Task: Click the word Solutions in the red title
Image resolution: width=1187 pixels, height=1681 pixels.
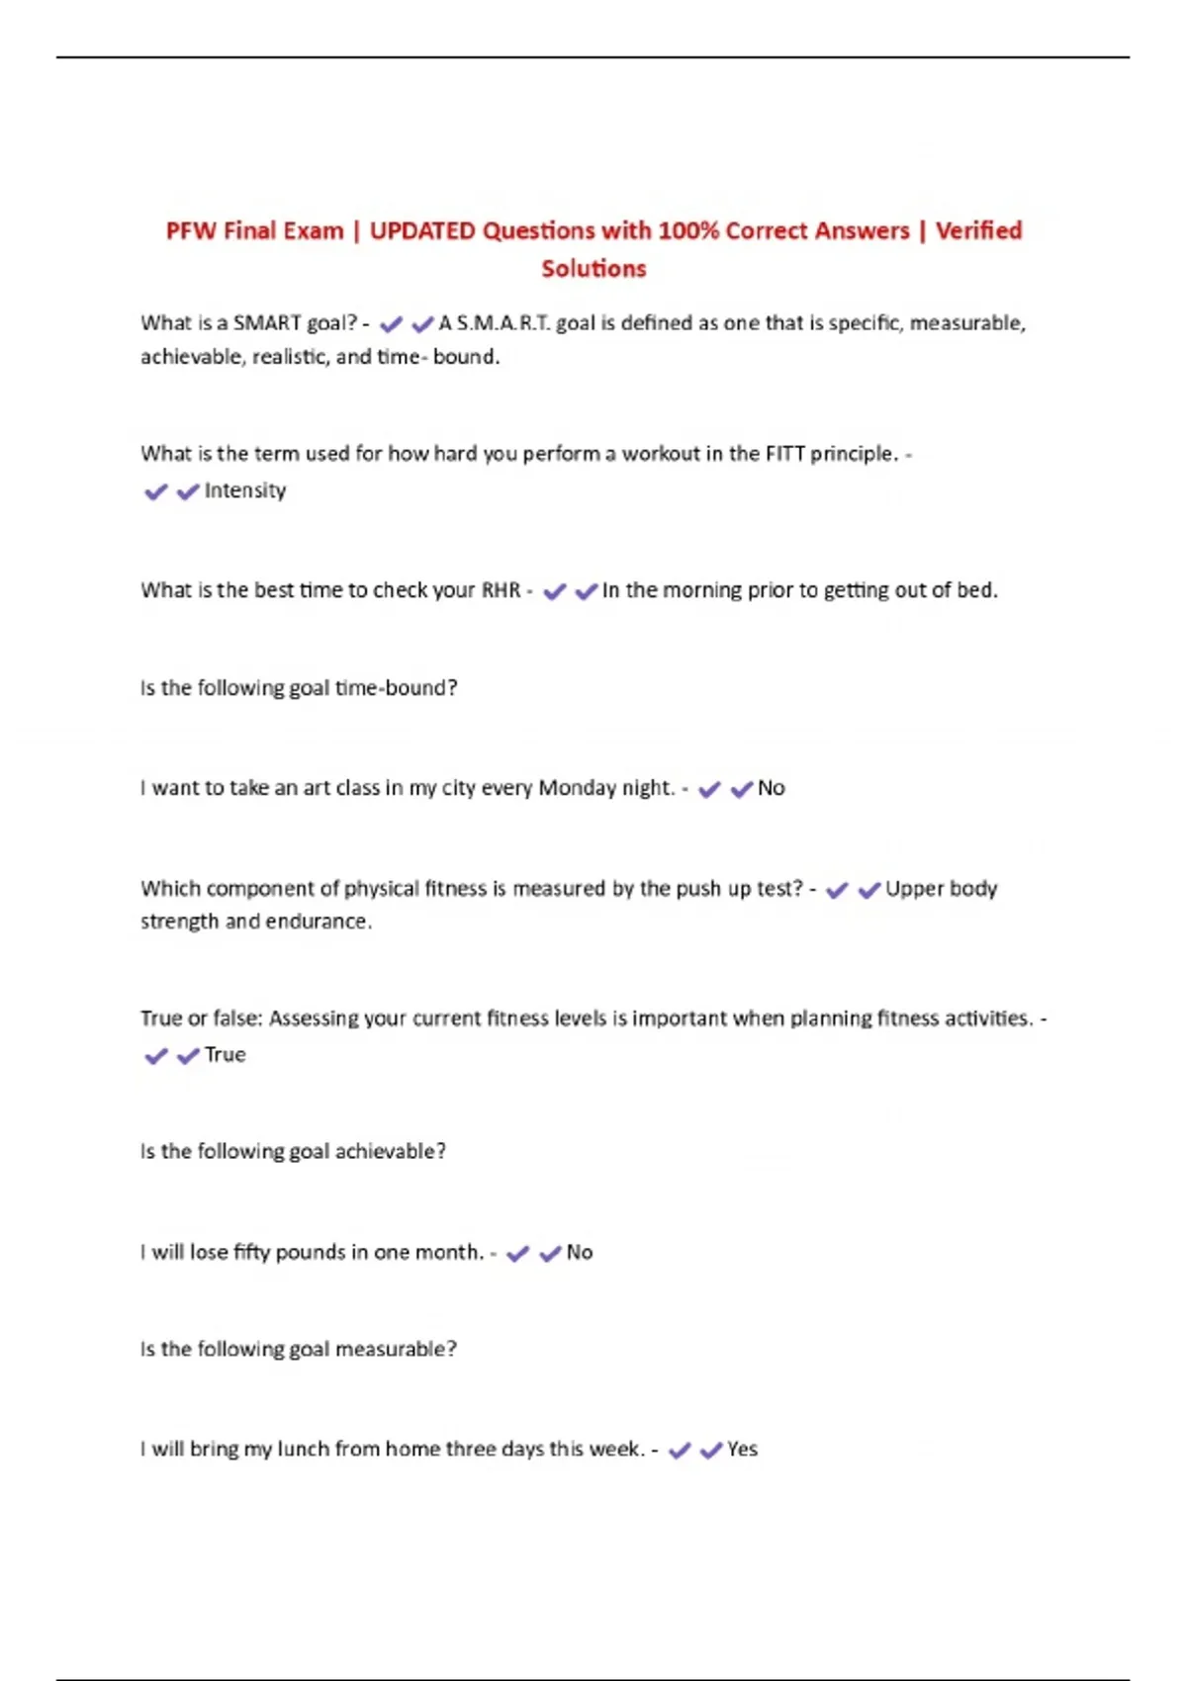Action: pos(593,268)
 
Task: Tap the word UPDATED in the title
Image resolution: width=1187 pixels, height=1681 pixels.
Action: pos(422,230)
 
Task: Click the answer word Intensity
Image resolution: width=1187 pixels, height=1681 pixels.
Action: pos(244,490)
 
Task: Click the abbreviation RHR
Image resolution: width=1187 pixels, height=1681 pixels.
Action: pos(501,590)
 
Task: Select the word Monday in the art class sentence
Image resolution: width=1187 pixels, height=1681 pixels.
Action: pos(577,788)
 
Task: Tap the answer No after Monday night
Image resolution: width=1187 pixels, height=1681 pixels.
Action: pos(771,788)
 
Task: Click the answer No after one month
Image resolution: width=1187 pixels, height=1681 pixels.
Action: pos(579,1253)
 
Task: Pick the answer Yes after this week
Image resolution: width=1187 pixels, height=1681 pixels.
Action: pos(742,1450)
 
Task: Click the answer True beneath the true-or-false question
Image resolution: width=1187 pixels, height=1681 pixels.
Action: pos(225,1055)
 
